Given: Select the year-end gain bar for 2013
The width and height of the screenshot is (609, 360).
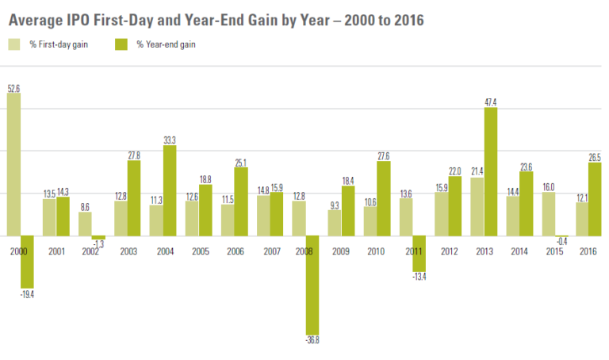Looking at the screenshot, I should tap(490, 171).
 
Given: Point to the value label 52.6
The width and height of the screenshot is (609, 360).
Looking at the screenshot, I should tap(13, 87).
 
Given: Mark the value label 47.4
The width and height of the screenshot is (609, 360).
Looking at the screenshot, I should tap(490, 101).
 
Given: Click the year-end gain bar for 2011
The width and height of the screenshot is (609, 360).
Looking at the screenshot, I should tap(419, 254).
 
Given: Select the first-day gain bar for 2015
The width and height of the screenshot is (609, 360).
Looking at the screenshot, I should tap(548, 214).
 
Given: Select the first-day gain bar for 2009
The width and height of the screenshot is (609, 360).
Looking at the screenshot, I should tap(334, 223).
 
